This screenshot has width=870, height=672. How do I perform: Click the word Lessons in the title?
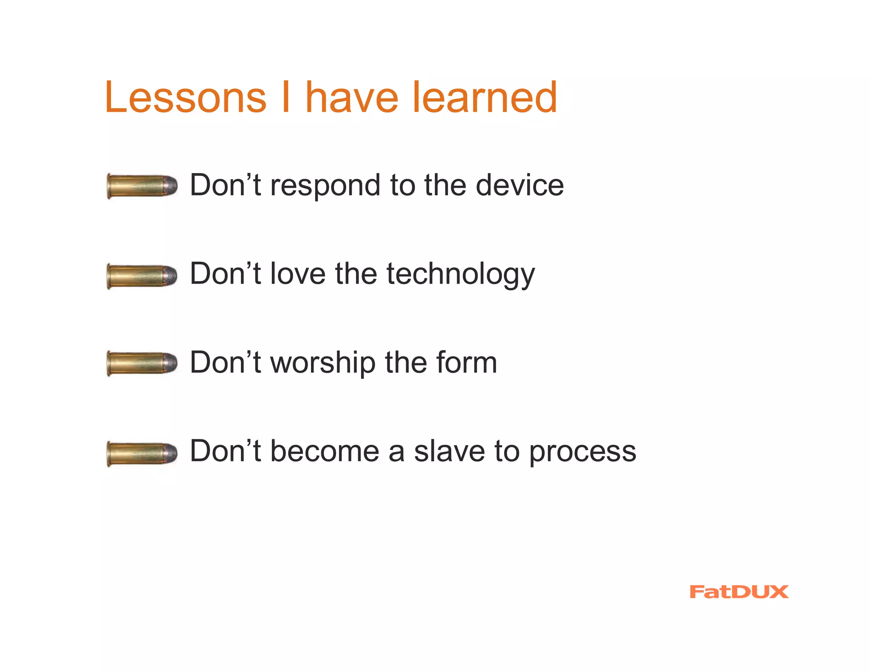click(185, 98)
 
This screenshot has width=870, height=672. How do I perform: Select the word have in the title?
click(352, 98)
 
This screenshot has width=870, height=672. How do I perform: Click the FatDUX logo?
click(739, 592)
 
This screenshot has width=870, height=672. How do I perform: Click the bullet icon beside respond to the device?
click(142, 186)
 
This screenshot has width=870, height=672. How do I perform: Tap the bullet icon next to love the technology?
click(142, 276)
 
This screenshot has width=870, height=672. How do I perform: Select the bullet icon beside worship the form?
click(142, 364)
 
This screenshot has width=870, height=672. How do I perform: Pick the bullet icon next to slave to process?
click(142, 454)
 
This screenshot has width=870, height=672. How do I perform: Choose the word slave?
click(449, 451)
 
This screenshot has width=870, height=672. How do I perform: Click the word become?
click(325, 451)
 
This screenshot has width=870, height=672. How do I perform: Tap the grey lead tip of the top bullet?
click(171, 186)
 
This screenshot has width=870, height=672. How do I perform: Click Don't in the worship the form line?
click(225, 363)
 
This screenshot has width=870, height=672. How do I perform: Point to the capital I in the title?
click(286, 98)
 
